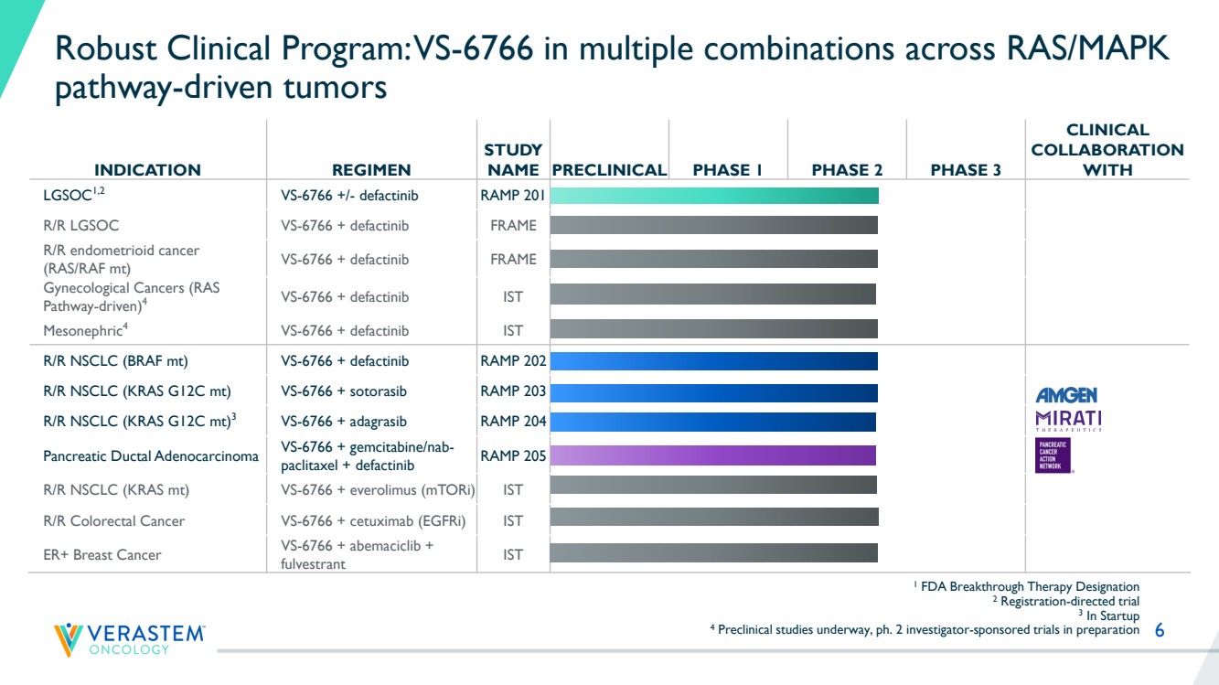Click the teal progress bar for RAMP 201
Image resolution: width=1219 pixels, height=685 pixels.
714,196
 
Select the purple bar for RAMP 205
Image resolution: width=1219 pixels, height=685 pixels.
713,455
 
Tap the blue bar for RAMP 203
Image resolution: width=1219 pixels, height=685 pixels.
713,393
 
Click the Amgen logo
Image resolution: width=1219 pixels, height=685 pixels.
1066,394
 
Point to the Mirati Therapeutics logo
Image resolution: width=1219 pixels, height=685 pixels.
1068,421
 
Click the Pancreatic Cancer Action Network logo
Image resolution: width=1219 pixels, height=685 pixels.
1053,455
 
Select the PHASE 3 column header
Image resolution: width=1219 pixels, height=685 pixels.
966,170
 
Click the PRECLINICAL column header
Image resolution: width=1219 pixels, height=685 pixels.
609,170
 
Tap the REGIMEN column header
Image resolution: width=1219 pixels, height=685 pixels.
371,170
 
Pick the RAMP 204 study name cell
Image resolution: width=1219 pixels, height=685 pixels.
513,421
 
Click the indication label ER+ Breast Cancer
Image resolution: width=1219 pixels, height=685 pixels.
102,555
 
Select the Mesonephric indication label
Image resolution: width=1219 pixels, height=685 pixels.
85,330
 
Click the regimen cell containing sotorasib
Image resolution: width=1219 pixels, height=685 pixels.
344,391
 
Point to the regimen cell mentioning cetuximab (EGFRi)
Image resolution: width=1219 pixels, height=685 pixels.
373,521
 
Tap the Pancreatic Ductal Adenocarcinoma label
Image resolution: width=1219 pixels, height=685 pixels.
151,456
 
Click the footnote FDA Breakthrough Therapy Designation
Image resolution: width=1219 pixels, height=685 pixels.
1026,586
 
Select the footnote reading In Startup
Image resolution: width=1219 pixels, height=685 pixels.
1109,615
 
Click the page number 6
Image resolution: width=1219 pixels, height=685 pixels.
1160,630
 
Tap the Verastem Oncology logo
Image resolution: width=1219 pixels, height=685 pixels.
129,640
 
